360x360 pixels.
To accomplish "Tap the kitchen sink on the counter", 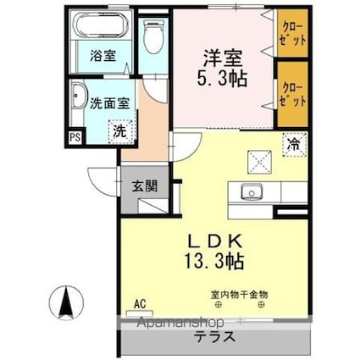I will (252, 192).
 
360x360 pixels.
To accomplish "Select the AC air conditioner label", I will (139, 302).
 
